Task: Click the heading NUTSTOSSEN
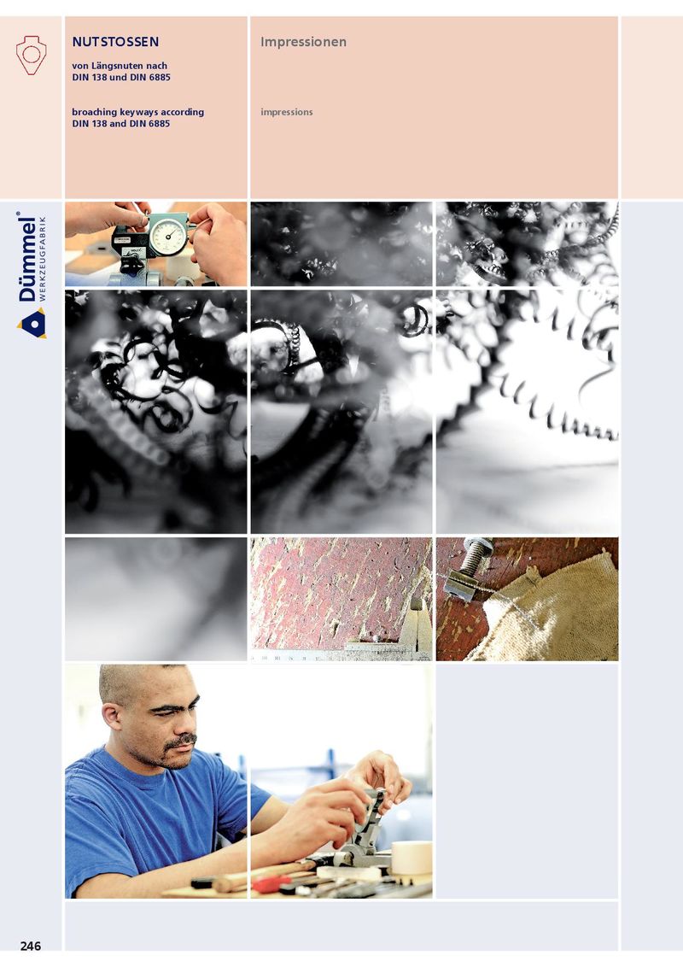[115, 42]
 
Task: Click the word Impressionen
[303, 42]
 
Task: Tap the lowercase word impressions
[287, 112]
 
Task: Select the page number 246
[31, 946]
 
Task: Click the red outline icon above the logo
[31, 55]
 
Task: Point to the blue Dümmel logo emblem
[32, 324]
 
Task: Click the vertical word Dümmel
[26, 257]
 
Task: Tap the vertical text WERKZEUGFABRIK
[42, 258]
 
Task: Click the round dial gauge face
[167, 237]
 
